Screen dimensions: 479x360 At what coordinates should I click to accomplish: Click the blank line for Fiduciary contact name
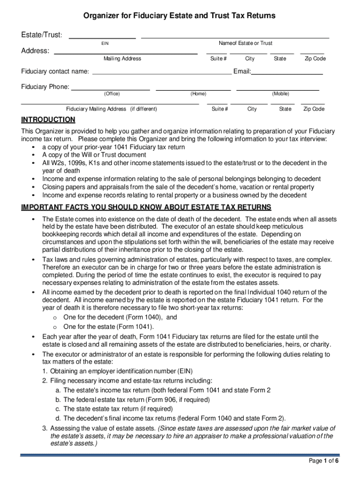[162, 74]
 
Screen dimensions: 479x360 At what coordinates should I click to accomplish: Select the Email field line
[287, 74]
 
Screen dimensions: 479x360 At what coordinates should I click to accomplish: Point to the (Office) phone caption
[112, 94]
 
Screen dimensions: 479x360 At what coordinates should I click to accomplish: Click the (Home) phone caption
[198, 94]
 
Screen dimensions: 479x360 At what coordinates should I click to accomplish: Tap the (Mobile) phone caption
[281, 94]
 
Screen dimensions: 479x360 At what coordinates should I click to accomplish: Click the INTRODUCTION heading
[48, 120]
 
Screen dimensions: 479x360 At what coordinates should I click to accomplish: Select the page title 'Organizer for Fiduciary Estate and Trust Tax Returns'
[179, 16]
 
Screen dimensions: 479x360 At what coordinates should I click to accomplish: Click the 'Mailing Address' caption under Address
[122, 58]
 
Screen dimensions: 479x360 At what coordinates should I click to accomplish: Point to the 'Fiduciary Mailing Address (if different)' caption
[111, 109]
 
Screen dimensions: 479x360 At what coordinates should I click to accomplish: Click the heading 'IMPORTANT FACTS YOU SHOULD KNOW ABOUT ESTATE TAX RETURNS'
[146, 208]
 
